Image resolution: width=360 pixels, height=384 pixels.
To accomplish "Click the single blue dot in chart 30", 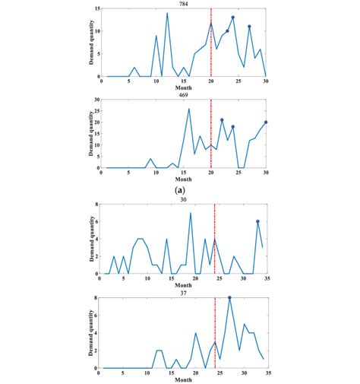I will click(x=257, y=221).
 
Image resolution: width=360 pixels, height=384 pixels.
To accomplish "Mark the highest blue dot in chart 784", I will click(x=232, y=17).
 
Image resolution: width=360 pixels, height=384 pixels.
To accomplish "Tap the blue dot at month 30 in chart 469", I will click(x=266, y=122).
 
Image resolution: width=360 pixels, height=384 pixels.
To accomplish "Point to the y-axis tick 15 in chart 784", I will click(x=96, y=8).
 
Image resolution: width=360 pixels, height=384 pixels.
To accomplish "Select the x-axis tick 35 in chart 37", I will click(x=267, y=374).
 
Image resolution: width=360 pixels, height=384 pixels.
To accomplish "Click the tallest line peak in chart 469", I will click(x=189, y=108).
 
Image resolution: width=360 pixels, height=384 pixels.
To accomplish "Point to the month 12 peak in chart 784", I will click(x=167, y=13).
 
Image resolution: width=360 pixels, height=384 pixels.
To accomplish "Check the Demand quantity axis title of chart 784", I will click(x=89, y=43).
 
